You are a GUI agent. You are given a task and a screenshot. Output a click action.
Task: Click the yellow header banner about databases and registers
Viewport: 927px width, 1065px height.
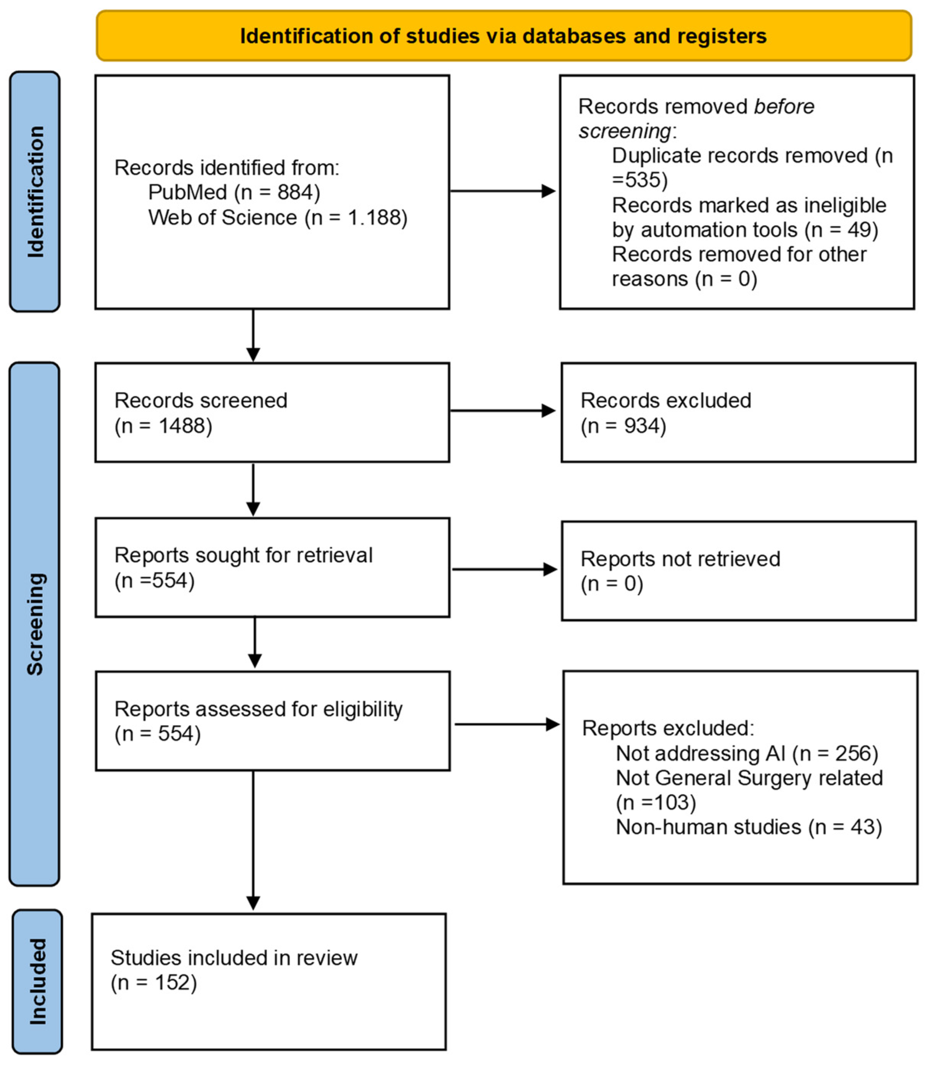pos(503,36)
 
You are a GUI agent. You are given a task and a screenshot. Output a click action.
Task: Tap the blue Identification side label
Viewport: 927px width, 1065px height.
pos(35,191)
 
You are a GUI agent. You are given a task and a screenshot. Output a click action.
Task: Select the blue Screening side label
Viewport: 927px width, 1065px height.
pos(35,624)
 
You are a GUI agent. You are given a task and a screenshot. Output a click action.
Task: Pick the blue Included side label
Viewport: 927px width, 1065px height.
pos(37,982)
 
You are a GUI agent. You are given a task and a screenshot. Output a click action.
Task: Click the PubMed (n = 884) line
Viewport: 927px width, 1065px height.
pos(234,193)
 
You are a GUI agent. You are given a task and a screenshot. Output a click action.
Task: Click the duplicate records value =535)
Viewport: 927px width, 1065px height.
pos(640,180)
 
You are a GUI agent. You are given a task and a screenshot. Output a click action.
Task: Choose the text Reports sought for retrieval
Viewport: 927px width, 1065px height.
pos(243,555)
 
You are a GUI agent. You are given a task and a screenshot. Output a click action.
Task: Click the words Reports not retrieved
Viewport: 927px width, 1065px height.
pos(680,559)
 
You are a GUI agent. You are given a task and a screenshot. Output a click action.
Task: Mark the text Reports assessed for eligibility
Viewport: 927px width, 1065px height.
pos(258,709)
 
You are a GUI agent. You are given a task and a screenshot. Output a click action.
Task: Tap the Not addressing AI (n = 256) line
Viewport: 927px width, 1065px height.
pos(746,753)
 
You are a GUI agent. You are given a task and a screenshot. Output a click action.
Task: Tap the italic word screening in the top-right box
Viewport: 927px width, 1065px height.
pos(624,131)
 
